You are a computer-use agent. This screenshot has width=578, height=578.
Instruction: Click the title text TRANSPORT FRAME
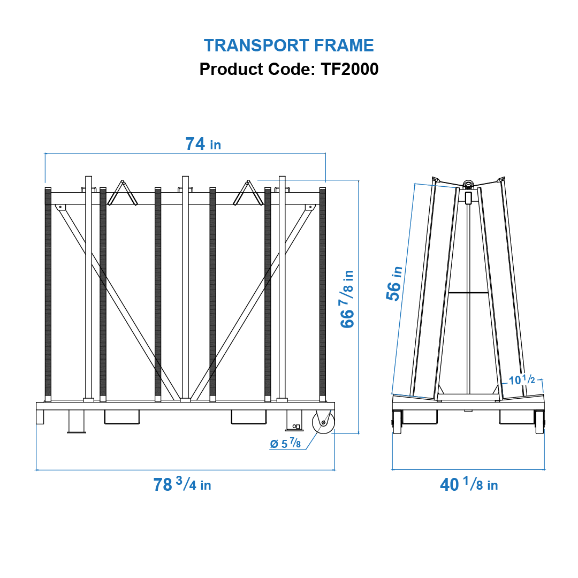point(289,45)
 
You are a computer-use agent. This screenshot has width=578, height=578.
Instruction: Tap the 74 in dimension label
point(203,144)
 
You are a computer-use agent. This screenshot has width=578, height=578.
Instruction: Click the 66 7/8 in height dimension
point(348,299)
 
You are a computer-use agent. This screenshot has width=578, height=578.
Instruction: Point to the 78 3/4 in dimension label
point(182,485)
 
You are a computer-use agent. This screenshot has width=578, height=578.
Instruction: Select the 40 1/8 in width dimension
point(469,485)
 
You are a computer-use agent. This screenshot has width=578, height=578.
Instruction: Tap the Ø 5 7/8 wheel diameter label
point(285,444)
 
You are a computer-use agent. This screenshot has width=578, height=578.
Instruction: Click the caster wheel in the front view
point(323,422)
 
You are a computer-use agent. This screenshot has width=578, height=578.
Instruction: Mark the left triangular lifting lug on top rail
point(123,193)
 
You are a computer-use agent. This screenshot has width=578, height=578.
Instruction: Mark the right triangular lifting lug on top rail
point(248,193)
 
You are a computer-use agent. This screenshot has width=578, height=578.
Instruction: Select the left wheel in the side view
point(397,422)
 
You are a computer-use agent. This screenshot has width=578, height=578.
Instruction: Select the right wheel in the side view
point(539,422)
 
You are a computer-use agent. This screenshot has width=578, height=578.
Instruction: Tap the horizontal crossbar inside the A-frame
point(468,293)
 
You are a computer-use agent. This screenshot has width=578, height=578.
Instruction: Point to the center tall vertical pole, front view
point(185,289)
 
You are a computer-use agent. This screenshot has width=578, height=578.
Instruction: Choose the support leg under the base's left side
point(76,422)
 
